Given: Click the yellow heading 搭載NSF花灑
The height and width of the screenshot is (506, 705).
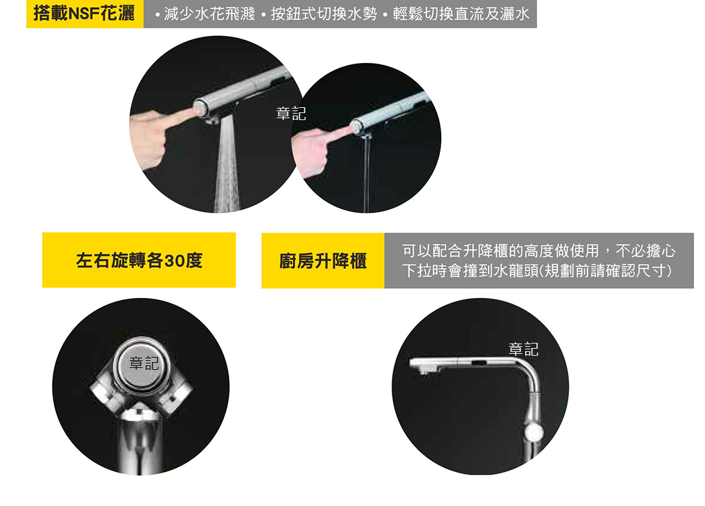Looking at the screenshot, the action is [84, 13].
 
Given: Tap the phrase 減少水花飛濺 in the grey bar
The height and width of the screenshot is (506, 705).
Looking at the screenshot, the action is [209, 14].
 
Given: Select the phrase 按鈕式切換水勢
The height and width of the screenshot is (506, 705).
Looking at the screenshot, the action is [324, 14].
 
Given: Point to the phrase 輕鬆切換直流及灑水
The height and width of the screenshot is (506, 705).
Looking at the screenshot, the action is [461, 14].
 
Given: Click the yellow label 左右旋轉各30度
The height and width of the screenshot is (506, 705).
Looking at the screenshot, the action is [139, 261].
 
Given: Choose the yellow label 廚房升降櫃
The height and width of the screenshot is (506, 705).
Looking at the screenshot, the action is [323, 261].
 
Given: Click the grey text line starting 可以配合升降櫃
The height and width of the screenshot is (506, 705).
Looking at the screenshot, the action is [539, 250].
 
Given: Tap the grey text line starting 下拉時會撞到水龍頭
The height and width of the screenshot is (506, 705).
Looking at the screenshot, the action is [537, 271].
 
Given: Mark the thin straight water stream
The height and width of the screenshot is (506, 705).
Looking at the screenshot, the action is [367, 175].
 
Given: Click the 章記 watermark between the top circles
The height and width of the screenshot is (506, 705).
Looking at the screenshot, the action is [291, 114].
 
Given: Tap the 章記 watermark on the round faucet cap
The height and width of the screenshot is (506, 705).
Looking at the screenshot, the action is [144, 363].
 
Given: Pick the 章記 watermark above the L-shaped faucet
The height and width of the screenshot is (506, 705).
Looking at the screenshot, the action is [523, 349].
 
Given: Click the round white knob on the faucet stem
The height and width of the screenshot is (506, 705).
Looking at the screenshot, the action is [534, 433].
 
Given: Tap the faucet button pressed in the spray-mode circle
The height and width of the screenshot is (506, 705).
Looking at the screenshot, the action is [200, 108].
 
